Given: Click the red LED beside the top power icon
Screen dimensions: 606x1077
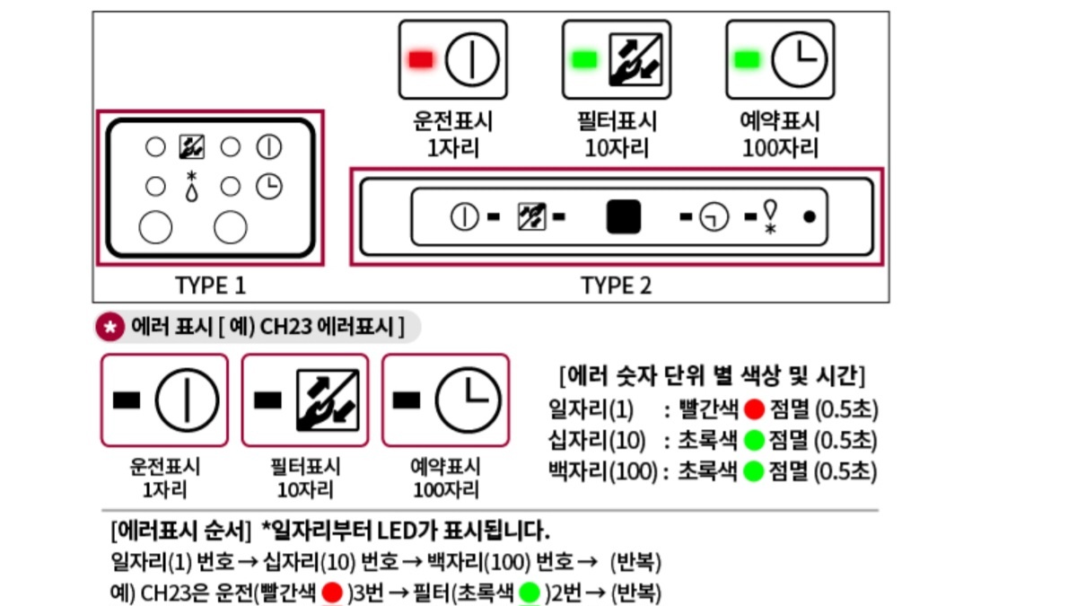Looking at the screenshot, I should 421,59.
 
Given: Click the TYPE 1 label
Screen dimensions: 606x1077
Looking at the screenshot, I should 210,285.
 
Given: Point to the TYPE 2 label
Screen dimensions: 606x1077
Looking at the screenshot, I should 616,285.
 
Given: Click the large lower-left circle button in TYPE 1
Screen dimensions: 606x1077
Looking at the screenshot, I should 155,227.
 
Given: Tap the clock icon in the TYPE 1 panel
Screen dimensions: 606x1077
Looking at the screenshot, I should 267,186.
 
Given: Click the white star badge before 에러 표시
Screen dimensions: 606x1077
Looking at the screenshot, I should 109,328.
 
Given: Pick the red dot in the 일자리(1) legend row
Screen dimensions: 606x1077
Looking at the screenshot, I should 754,410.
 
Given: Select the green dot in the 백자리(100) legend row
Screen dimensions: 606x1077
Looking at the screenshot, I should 754,470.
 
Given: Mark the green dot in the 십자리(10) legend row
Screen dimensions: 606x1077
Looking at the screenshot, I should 754,441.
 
